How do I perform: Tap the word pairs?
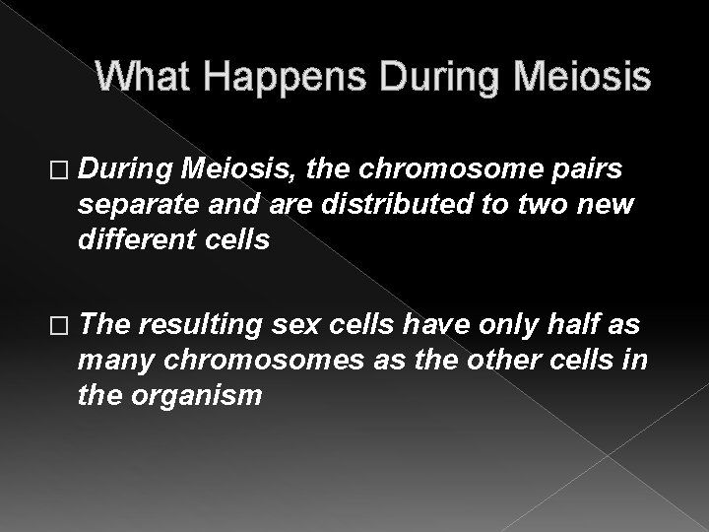point(586,169)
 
